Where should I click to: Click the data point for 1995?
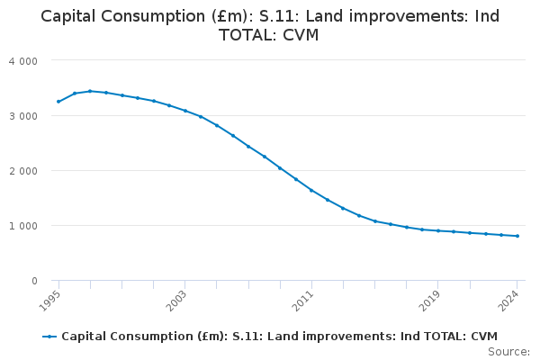pyautogui.click(x=58, y=102)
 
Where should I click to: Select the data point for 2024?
pyautogui.click(x=517, y=236)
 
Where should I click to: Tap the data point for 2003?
pyautogui.click(x=184, y=111)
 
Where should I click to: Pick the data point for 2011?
pyautogui.click(x=311, y=190)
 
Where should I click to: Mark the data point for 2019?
pyautogui.click(x=438, y=230)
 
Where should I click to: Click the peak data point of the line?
pyautogui.click(x=90, y=91)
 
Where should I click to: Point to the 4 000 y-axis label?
pyautogui.click(x=23, y=61)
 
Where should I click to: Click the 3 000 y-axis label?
pyautogui.click(x=23, y=116)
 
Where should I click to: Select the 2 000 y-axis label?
pyautogui.click(x=23, y=171)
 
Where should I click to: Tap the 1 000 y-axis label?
pyautogui.click(x=23, y=226)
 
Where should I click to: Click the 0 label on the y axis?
pyautogui.click(x=34, y=281)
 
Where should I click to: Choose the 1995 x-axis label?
pyautogui.click(x=49, y=301)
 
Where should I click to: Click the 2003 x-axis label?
pyautogui.click(x=176, y=301)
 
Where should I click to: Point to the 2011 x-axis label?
pyautogui.click(x=302, y=301)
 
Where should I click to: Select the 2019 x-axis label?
pyautogui.click(x=429, y=301)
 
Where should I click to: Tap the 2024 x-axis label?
pyautogui.click(x=508, y=301)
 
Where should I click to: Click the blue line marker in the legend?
pyautogui.click(x=49, y=337)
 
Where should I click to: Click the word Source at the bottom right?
pyautogui.click(x=508, y=352)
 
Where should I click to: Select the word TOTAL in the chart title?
pyautogui.click(x=248, y=35)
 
